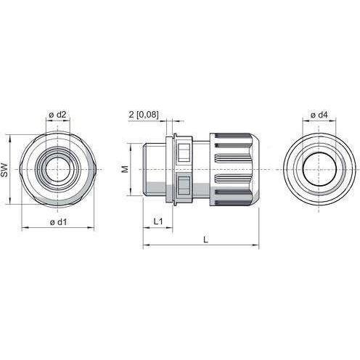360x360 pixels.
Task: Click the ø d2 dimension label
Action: (57, 115)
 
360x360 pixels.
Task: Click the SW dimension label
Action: (5, 170)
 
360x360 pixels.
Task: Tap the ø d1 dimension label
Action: (58, 221)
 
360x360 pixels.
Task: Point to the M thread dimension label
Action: (125, 169)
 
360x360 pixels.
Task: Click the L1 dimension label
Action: (158, 221)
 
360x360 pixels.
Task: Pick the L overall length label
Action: (205, 240)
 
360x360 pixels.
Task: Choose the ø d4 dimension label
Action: (319, 115)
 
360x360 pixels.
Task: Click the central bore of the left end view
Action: (57, 169)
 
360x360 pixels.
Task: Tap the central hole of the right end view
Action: (319, 169)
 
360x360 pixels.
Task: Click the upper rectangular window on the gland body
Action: (184, 152)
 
